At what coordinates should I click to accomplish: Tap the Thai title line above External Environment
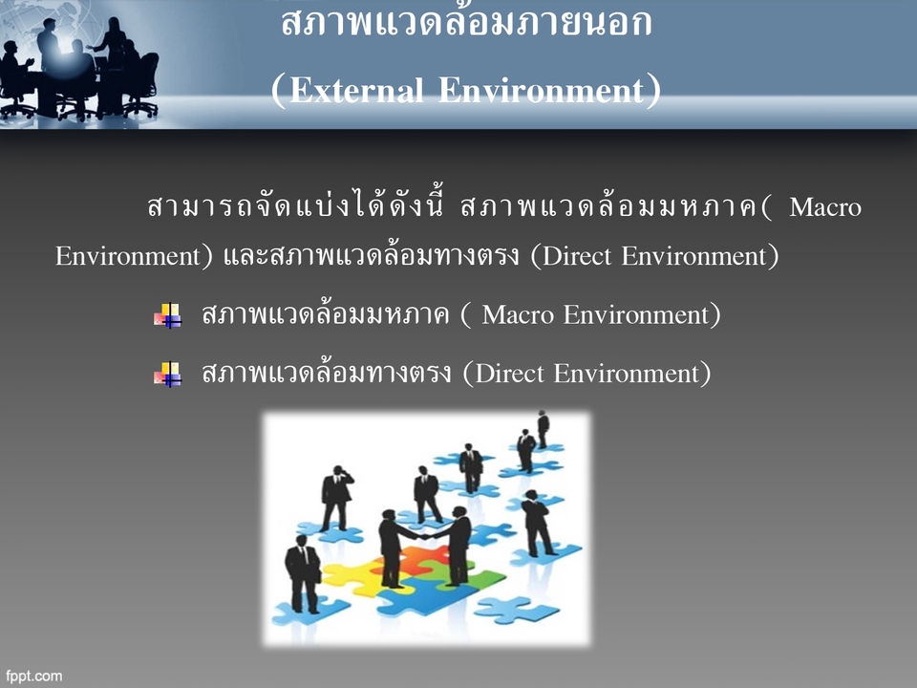coord(467,23)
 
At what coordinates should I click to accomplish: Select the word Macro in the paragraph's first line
coord(825,207)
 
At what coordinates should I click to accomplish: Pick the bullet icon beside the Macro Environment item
coord(167,315)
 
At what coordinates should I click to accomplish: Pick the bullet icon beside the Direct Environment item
coord(167,374)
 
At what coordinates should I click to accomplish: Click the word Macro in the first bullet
coord(519,314)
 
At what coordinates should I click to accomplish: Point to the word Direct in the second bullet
coord(509,373)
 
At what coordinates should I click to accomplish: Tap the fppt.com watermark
coord(34,676)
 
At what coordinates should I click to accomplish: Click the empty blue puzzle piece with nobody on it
coord(516,608)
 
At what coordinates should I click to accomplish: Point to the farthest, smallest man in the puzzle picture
coord(543,429)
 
